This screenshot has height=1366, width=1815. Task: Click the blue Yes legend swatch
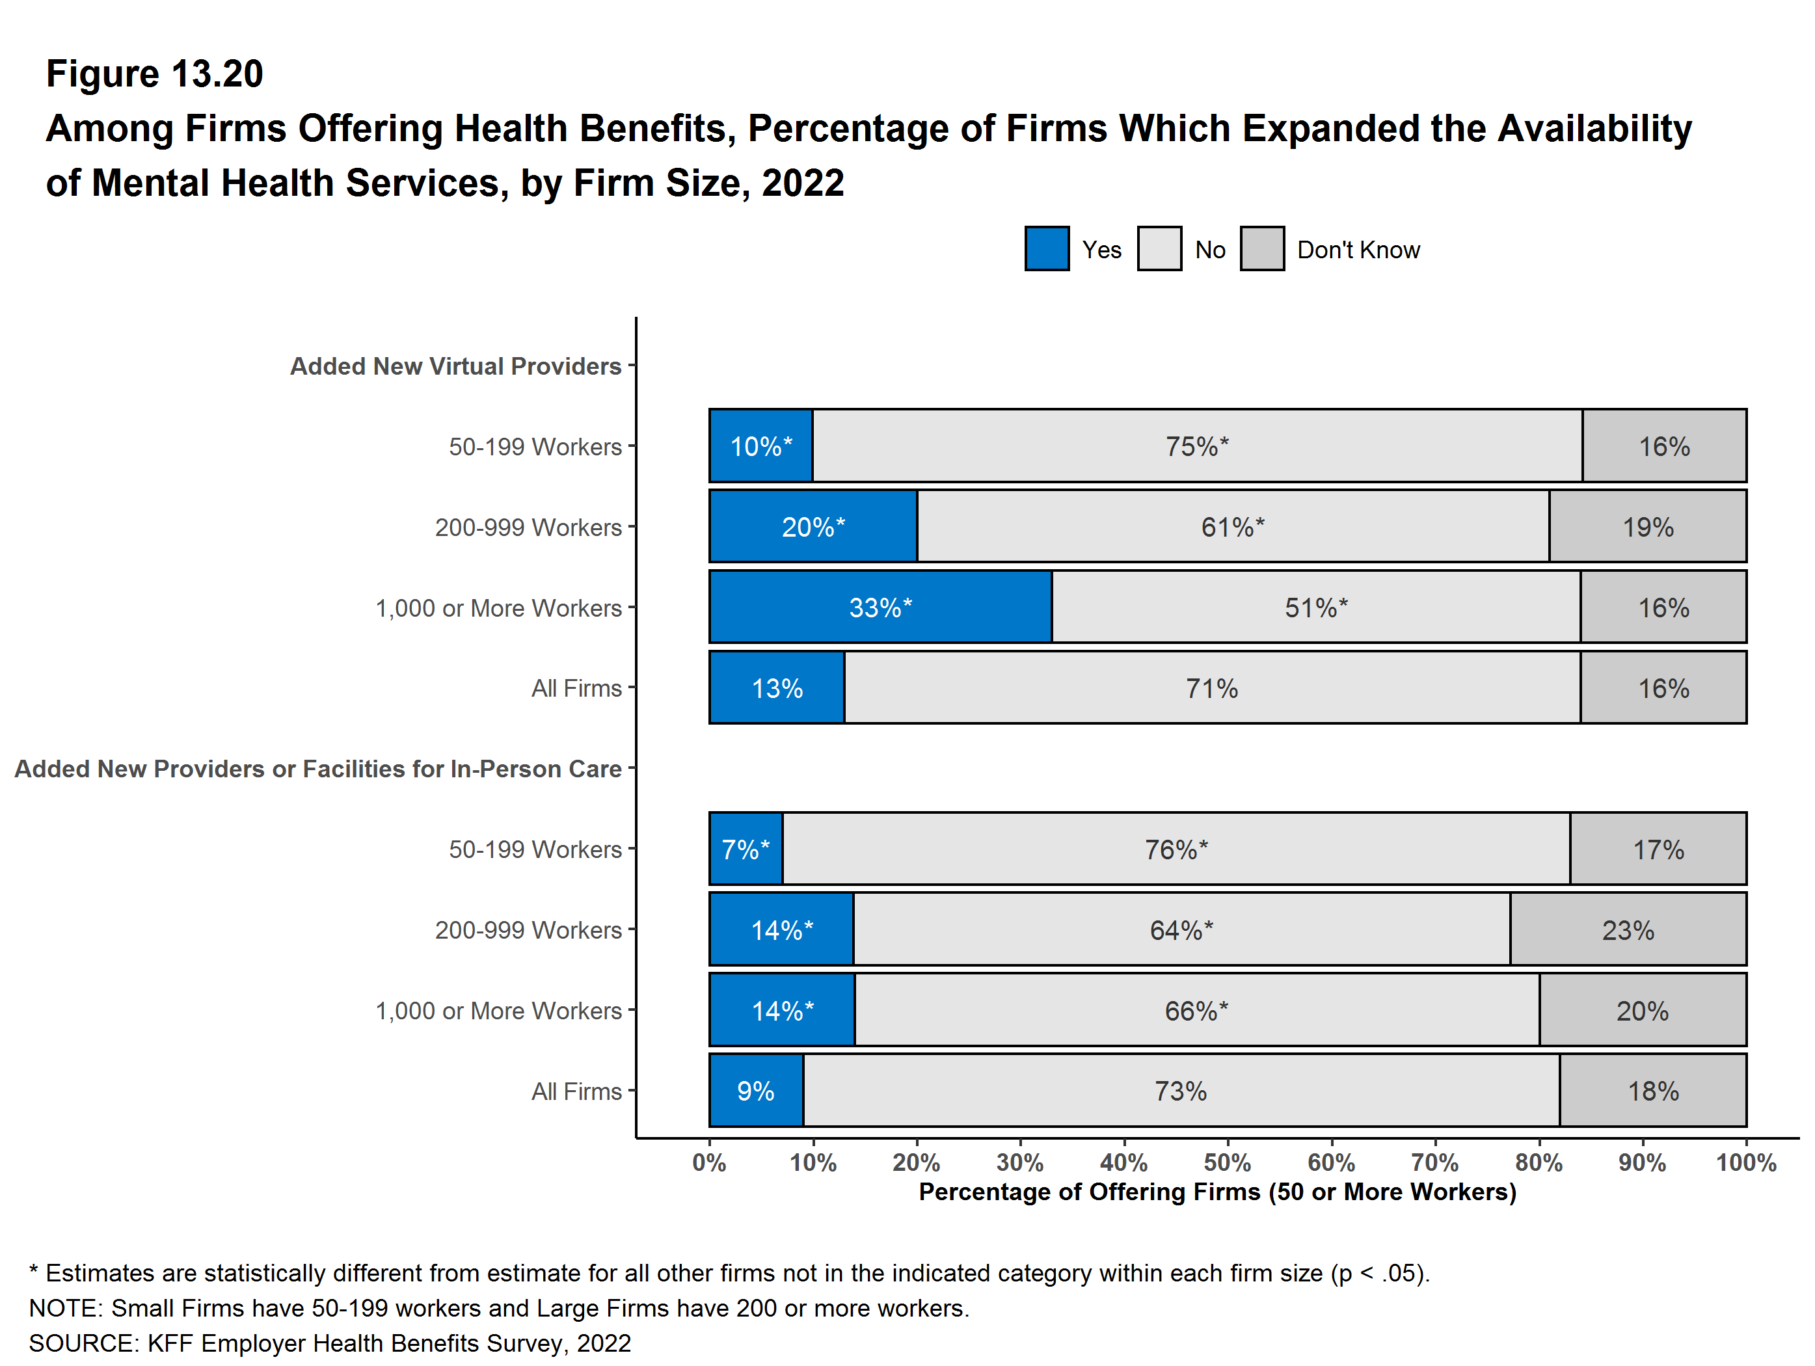click(1046, 248)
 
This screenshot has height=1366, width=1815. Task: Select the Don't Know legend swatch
click(1262, 248)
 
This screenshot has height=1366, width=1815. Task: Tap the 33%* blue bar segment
click(880, 607)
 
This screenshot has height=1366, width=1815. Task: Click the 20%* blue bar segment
click(813, 527)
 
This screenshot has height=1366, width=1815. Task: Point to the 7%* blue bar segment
click(745, 849)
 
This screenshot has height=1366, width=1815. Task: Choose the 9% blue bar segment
click(756, 1091)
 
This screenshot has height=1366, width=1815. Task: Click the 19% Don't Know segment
click(1648, 527)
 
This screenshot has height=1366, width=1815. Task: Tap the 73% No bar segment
click(1180, 1091)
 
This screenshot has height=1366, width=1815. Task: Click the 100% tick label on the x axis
click(1746, 1162)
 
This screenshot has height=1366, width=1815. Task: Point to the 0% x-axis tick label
click(709, 1162)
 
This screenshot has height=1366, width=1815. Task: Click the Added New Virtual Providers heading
click(455, 366)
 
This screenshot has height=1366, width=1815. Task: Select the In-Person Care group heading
click(317, 769)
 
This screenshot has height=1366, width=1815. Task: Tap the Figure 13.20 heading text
click(154, 74)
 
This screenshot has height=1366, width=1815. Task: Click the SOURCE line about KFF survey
click(330, 1343)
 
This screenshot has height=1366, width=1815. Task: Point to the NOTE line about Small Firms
click(499, 1307)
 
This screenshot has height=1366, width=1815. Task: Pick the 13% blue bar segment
click(776, 688)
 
